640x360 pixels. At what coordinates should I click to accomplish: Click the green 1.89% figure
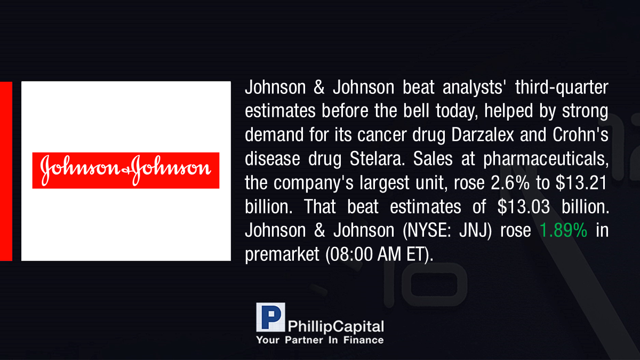pyautogui.click(x=563, y=230)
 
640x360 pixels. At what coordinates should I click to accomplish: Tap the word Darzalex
pyautogui.click(x=482, y=134)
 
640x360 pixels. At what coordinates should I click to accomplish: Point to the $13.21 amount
pyautogui.click(x=581, y=182)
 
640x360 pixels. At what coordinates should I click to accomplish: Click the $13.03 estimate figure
pyautogui.click(x=523, y=206)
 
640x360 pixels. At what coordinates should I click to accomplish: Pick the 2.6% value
pyautogui.click(x=510, y=182)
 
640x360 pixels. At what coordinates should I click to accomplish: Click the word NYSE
pyautogui.click(x=427, y=230)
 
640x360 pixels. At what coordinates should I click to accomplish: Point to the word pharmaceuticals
pyautogui.click(x=546, y=159)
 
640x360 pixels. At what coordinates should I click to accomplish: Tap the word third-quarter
pyautogui.click(x=562, y=87)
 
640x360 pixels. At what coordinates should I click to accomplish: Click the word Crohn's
pyautogui.click(x=580, y=134)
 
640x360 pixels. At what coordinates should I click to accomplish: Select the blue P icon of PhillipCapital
pyautogui.click(x=270, y=317)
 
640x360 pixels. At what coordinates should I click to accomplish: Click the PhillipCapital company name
pyautogui.click(x=335, y=326)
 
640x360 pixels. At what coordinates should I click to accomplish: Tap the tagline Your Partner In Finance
pyautogui.click(x=319, y=340)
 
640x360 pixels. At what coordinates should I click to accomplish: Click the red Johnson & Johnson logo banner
pyautogui.click(x=126, y=171)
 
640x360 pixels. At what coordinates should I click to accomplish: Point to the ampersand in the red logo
pyautogui.click(x=126, y=171)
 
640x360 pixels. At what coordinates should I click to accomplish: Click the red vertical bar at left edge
pyautogui.click(x=6, y=171)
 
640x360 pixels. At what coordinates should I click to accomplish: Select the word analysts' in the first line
pyautogui.click(x=473, y=87)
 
